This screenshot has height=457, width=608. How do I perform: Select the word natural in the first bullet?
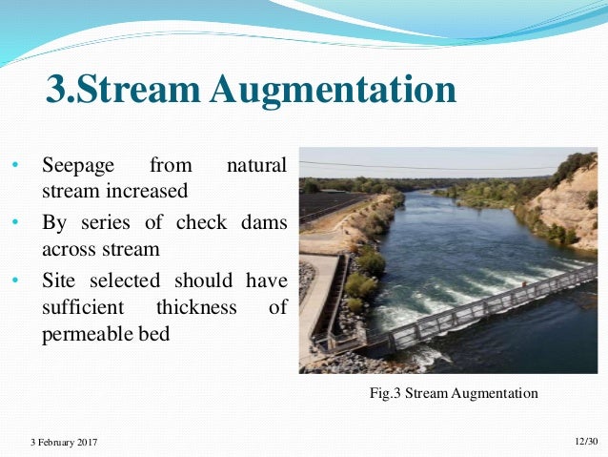(255, 167)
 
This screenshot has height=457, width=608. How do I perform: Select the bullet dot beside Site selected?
(15, 282)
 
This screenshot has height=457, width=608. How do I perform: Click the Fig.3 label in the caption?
(384, 392)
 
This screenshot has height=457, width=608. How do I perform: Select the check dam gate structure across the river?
(486, 303)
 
